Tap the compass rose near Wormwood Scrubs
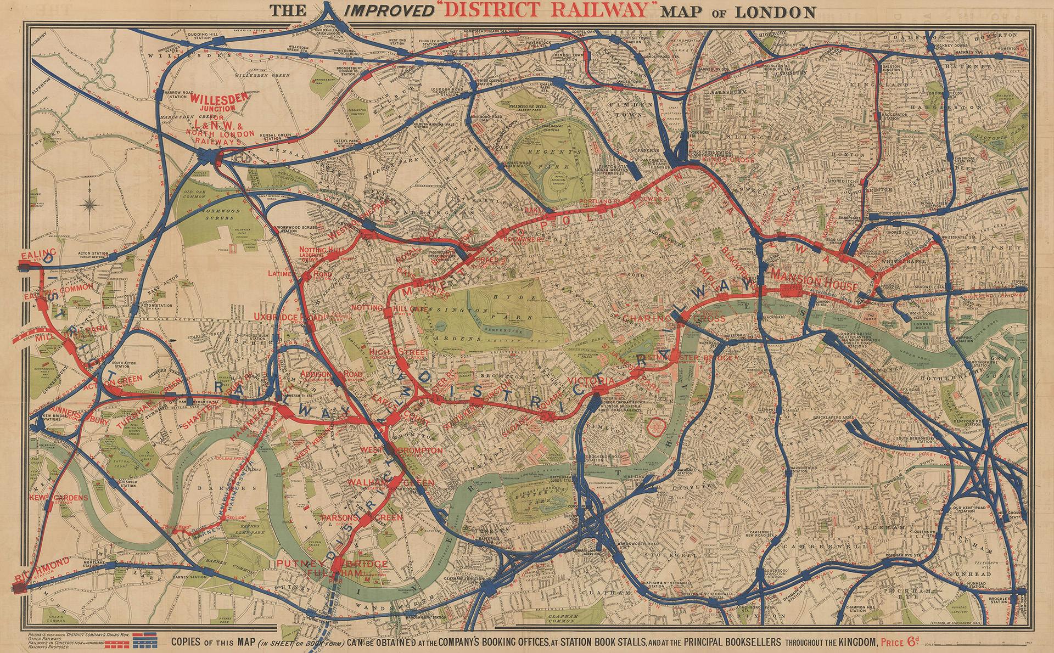point(89,203)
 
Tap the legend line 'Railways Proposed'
point(52,647)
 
